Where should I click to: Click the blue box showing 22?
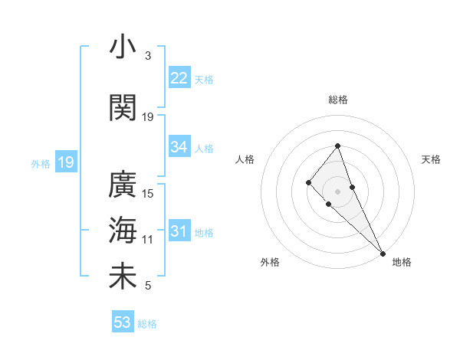click(x=179, y=78)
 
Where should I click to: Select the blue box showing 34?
click(x=179, y=147)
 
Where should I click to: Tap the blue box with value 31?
click(x=179, y=232)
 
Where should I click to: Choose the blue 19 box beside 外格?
click(x=65, y=162)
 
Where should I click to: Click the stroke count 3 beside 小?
click(x=148, y=57)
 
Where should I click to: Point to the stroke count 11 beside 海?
click(x=148, y=240)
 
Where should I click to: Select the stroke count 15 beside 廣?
click(x=148, y=194)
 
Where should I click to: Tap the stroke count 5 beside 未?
click(x=148, y=286)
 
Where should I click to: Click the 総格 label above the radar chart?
click(x=337, y=100)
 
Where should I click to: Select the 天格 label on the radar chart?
click(x=431, y=159)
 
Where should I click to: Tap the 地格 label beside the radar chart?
click(x=402, y=262)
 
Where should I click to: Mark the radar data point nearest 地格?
click(x=383, y=253)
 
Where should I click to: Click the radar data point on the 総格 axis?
click(x=337, y=146)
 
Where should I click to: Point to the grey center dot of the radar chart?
click(x=337, y=191)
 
